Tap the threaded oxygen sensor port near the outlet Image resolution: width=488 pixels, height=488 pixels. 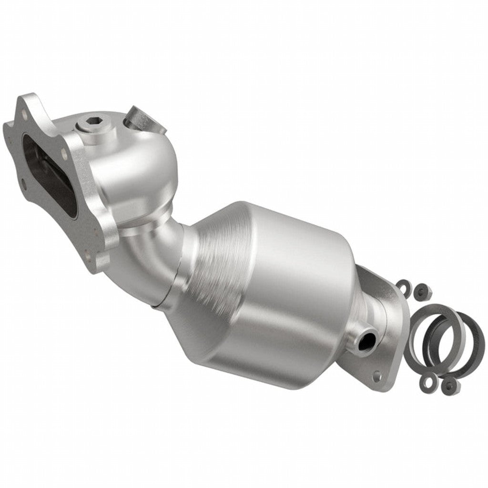(366, 339)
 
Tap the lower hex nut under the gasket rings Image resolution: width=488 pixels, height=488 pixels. (448, 386)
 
